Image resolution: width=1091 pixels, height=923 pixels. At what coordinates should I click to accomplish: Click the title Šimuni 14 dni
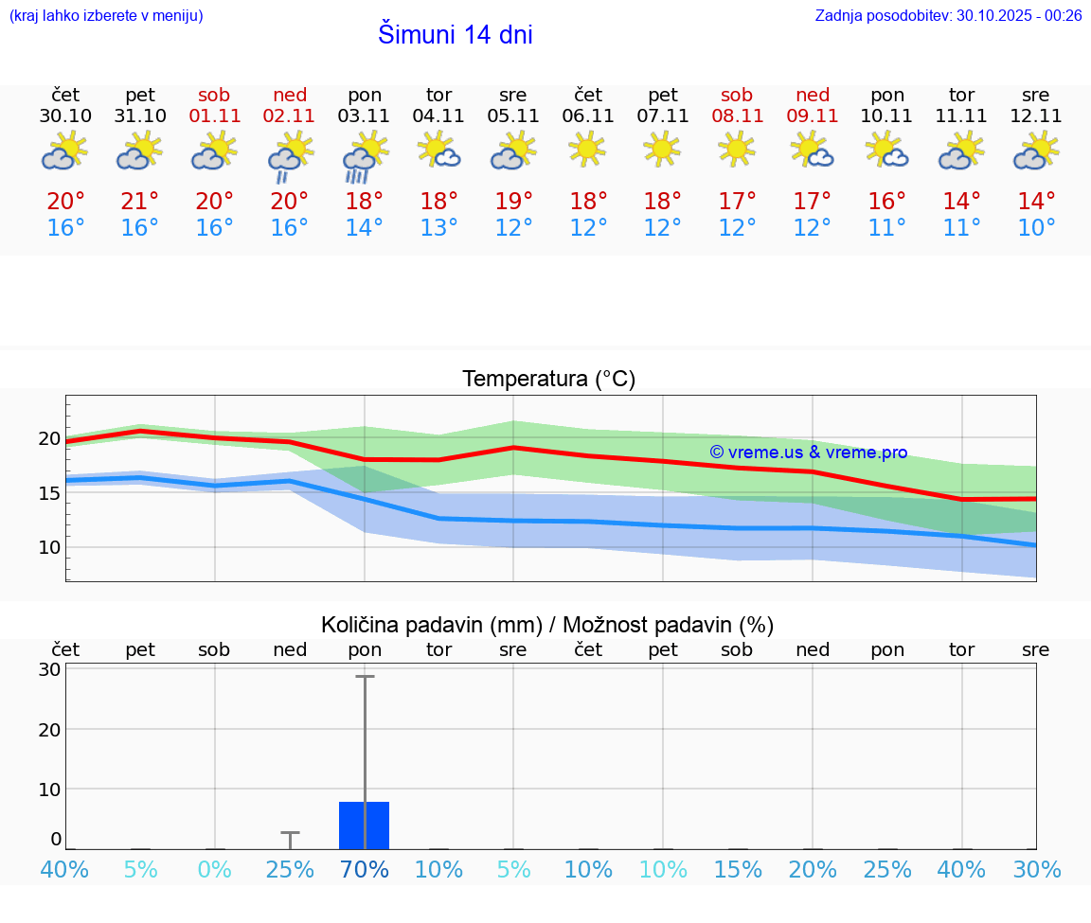click(x=455, y=35)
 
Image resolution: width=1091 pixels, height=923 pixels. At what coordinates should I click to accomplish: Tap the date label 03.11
click(x=365, y=116)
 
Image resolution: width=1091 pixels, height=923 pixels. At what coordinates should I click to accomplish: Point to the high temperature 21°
click(x=140, y=202)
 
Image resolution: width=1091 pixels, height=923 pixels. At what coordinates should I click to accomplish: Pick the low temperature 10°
click(x=1036, y=228)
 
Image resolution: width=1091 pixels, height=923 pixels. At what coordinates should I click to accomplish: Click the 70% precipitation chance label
click(x=365, y=869)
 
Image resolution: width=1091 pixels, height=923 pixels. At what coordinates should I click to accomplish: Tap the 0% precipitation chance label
click(x=215, y=869)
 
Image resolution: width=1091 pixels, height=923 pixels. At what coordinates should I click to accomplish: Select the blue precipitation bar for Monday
click(x=365, y=825)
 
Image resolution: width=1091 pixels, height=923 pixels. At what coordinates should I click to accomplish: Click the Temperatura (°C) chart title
click(x=549, y=380)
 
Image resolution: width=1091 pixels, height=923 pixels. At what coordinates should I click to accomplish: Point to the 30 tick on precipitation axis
click(x=49, y=669)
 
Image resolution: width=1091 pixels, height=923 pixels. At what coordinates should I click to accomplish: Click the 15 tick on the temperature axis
click(x=49, y=492)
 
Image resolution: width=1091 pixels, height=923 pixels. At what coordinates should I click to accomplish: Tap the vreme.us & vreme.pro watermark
click(x=809, y=453)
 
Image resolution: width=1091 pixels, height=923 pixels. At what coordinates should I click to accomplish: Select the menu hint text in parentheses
click(x=106, y=15)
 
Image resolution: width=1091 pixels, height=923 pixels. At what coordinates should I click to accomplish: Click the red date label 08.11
click(x=737, y=116)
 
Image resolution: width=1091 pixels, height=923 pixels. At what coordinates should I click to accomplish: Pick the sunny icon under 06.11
click(x=587, y=148)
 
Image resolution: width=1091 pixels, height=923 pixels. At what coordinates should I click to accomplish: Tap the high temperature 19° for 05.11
click(x=513, y=202)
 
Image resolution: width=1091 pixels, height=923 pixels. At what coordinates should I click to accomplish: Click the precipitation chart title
click(x=547, y=625)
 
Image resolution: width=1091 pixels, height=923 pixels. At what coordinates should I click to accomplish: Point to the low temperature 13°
click(x=439, y=228)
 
